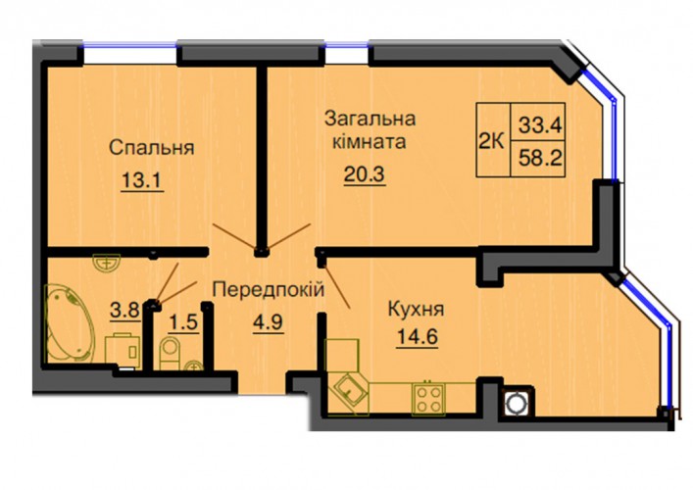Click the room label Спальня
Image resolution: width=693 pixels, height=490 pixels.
pos(152,148)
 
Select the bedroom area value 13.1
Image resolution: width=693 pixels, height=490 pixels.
pos(142,179)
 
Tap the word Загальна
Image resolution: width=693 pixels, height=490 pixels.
pos(370,119)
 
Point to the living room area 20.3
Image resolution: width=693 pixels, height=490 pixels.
pos(365,174)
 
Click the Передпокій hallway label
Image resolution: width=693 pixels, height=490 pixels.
pos(269,290)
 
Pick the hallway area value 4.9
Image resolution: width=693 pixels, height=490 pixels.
pos(269,322)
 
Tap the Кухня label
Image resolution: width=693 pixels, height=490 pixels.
pos(416,310)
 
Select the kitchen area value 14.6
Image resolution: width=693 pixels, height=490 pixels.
pos(418,337)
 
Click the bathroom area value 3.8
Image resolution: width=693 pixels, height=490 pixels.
pos(125,310)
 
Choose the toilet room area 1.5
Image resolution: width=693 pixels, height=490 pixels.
pos(183,322)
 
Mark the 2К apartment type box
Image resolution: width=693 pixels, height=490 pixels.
pos(493,140)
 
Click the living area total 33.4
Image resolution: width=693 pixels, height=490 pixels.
pos(540,125)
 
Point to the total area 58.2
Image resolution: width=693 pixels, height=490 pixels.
pos(540,158)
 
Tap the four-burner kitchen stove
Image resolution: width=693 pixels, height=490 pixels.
pos(427,399)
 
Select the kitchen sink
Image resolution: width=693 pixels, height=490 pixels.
pos(351,391)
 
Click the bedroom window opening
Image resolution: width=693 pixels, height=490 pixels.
pos(130,54)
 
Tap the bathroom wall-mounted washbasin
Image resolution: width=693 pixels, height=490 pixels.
pos(107,261)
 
